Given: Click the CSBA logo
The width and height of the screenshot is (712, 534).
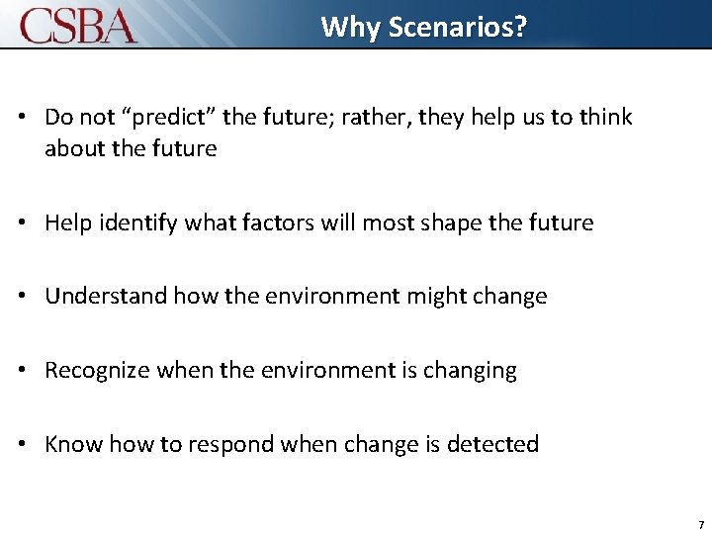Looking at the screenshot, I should (79, 25).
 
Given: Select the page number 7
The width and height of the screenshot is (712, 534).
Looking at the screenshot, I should (700, 524).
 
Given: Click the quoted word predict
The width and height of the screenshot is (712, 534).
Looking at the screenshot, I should (165, 118).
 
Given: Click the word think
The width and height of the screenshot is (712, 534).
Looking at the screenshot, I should (604, 118).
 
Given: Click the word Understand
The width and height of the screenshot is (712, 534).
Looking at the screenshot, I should (106, 297).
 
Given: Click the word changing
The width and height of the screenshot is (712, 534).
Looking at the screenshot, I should (470, 371).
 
